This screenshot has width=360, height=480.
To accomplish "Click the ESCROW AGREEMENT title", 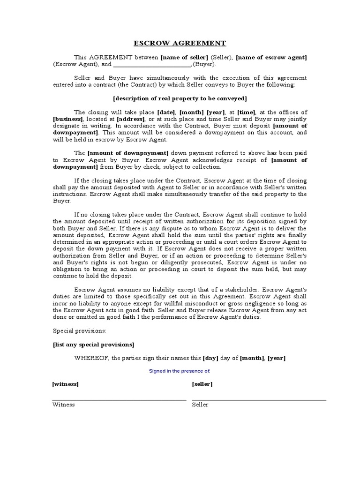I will pos(180,43).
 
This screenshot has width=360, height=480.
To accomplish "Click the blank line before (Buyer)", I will pos(152,65).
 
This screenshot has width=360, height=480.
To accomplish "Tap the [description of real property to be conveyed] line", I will pos(180,98).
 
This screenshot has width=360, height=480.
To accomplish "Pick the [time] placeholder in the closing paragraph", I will pos(246,112).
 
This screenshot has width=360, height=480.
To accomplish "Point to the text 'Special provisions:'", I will pos(79,331).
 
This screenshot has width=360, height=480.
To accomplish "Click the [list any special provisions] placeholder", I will pos(93,345).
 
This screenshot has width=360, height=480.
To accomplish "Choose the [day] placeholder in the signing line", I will pos(211,358).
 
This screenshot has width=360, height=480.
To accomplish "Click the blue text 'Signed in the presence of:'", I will pos(180,371).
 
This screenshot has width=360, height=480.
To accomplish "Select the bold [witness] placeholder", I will pos(65,384).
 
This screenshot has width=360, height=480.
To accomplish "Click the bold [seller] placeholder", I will pos(202,384).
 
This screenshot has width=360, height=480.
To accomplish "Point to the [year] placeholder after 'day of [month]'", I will pos(277,358).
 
